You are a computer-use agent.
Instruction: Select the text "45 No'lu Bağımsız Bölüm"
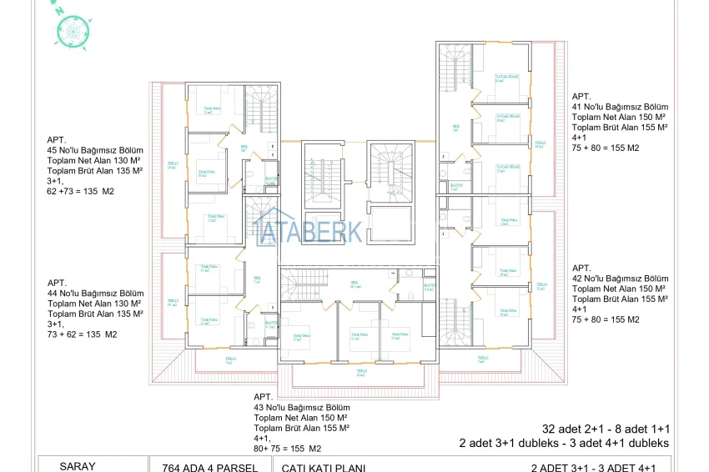pos(96,150)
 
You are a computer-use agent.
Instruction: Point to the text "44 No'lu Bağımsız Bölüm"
pos(96,294)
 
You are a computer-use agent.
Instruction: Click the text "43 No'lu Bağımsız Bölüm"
pos(302,406)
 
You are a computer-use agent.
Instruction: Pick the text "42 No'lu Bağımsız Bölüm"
pos(620,279)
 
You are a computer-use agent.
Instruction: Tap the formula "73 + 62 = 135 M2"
pos(83,334)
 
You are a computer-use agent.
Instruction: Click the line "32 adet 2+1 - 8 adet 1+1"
pos(605,429)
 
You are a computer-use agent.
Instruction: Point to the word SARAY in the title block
pos(78,467)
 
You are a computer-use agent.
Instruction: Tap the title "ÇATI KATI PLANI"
pos(324,468)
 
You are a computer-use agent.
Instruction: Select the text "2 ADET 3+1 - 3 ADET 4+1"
pos(599,468)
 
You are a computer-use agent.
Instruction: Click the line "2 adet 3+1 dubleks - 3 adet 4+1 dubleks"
pos(564,443)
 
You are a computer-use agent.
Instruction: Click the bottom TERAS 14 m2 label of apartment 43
pos(361,373)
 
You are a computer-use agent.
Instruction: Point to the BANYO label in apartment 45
pos(270,179)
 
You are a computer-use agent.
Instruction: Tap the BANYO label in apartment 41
pos(455,186)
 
